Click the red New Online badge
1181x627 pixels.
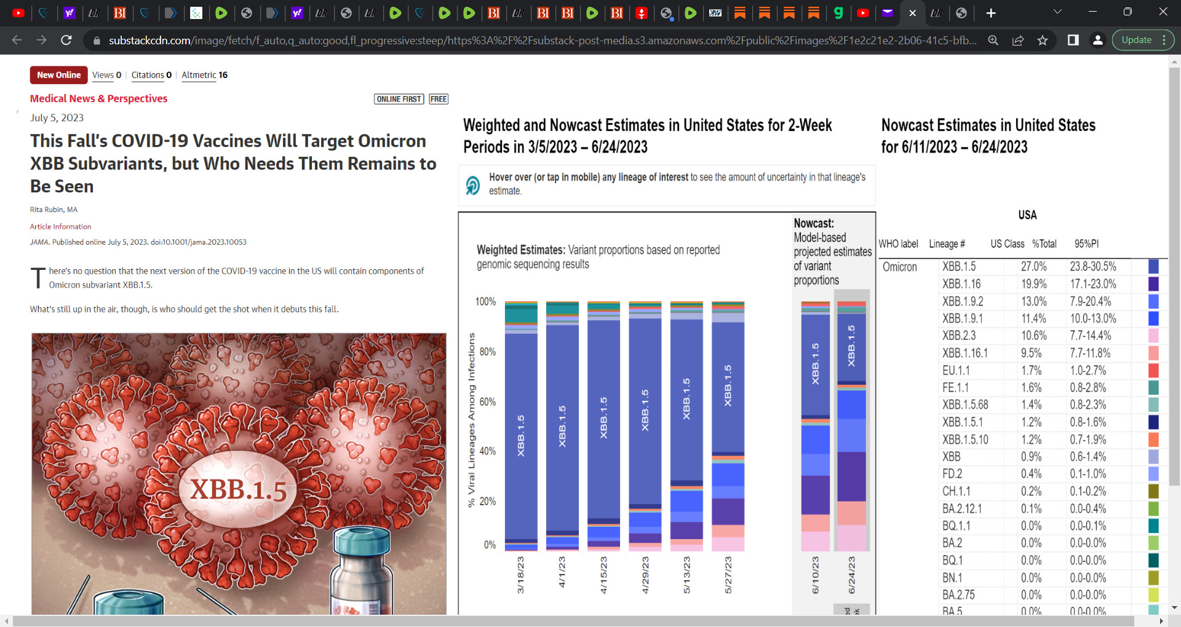click(x=58, y=75)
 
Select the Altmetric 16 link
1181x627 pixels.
click(x=204, y=75)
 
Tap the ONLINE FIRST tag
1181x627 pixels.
click(x=399, y=99)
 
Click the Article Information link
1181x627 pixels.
click(x=60, y=227)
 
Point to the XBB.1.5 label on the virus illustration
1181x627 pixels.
click(x=239, y=490)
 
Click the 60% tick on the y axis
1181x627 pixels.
click(x=487, y=402)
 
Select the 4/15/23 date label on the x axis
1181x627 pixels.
click(x=603, y=575)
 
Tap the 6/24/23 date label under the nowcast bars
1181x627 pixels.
click(x=851, y=575)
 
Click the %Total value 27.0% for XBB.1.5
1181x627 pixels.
click(x=1033, y=267)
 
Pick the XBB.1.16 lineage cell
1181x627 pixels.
click(x=961, y=284)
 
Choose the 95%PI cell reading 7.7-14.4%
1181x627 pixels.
click(x=1090, y=336)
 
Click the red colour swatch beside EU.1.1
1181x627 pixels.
click(x=1153, y=371)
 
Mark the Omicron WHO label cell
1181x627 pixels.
click(x=899, y=267)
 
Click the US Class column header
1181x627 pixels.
click(x=1007, y=244)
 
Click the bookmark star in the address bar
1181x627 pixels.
click(x=1043, y=41)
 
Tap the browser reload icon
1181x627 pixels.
click(x=66, y=41)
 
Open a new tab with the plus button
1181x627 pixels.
click(x=990, y=13)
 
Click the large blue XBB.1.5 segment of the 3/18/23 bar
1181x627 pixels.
click(x=520, y=436)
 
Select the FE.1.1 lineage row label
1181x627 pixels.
click(x=955, y=388)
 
